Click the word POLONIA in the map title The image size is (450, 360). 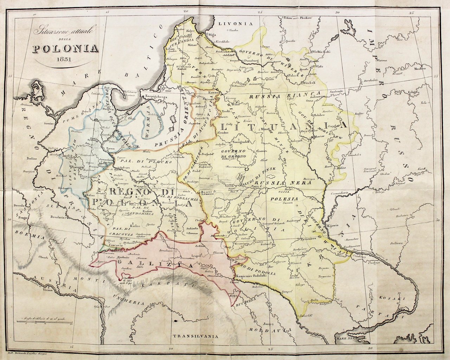pos(65,48)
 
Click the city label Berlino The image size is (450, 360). pos(31,159)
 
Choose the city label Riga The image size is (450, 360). pos(212,35)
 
